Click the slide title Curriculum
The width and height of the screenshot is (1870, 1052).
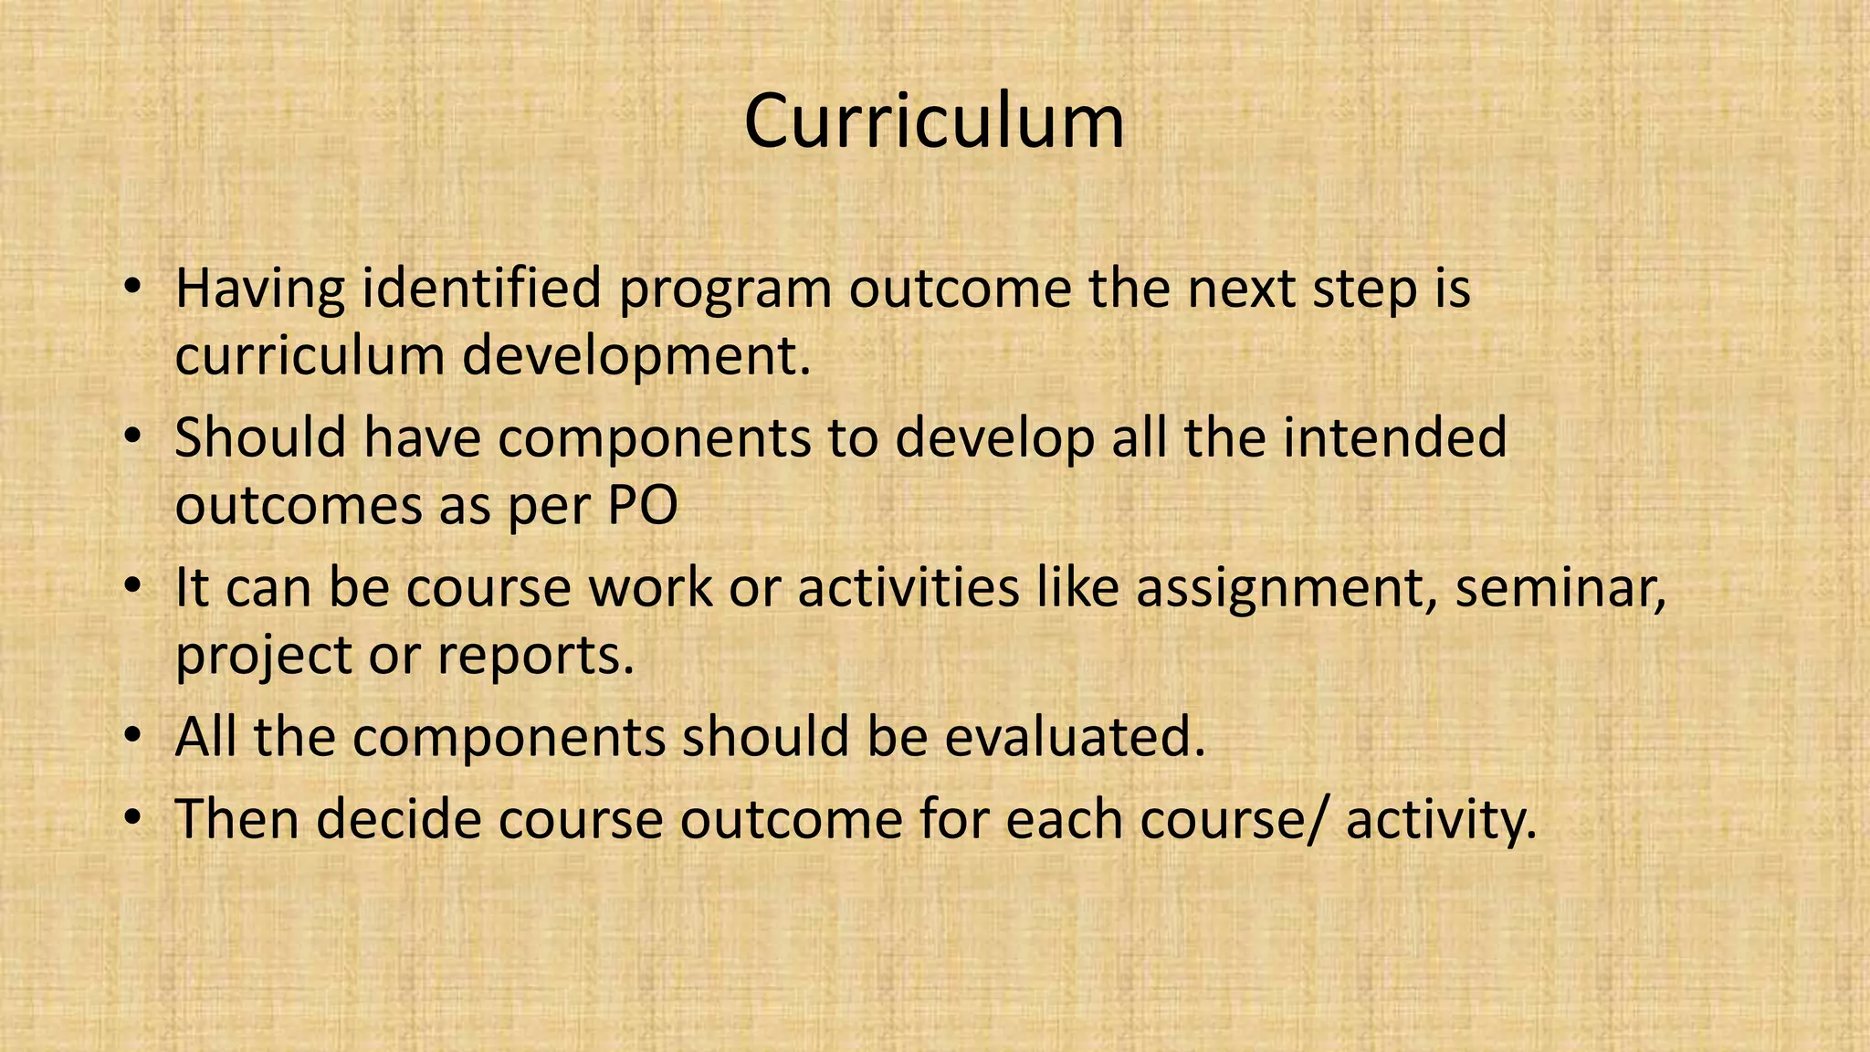(934, 121)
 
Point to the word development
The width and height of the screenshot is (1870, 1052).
(636, 356)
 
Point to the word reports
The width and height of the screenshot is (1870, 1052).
(535, 656)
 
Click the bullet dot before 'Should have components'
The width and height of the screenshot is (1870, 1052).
(133, 437)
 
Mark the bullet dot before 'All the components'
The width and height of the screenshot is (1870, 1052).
(133, 737)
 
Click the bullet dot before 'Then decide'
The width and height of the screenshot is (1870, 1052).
(133, 818)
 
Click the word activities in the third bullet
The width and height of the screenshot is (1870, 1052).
(909, 587)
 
